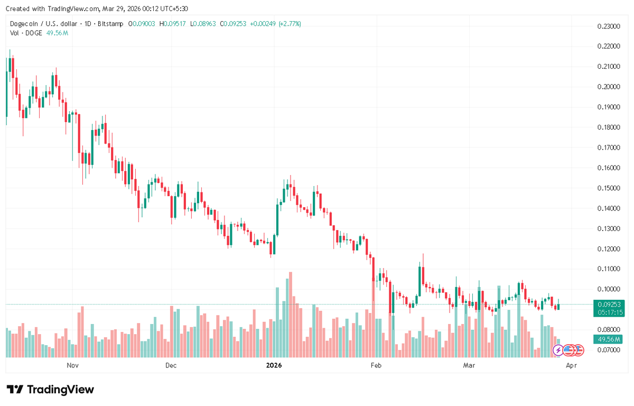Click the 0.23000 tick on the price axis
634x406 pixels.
(608, 26)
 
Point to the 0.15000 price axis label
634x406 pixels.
(608, 188)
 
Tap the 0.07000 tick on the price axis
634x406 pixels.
(608, 350)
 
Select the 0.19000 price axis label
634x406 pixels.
(608, 107)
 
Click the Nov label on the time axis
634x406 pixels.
(73, 365)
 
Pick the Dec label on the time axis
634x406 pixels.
(171, 365)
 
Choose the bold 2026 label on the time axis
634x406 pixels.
(274, 365)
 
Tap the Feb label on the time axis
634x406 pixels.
(376, 365)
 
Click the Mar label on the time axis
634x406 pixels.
(468, 365)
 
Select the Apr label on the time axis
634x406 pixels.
(571, 365)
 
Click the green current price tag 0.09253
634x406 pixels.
(609, 304)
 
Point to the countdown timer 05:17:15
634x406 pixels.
(609, 312)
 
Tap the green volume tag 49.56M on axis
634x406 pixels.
(609, 339)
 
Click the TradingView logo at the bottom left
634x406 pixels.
(51, 390)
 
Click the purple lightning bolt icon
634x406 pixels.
(558, 349)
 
